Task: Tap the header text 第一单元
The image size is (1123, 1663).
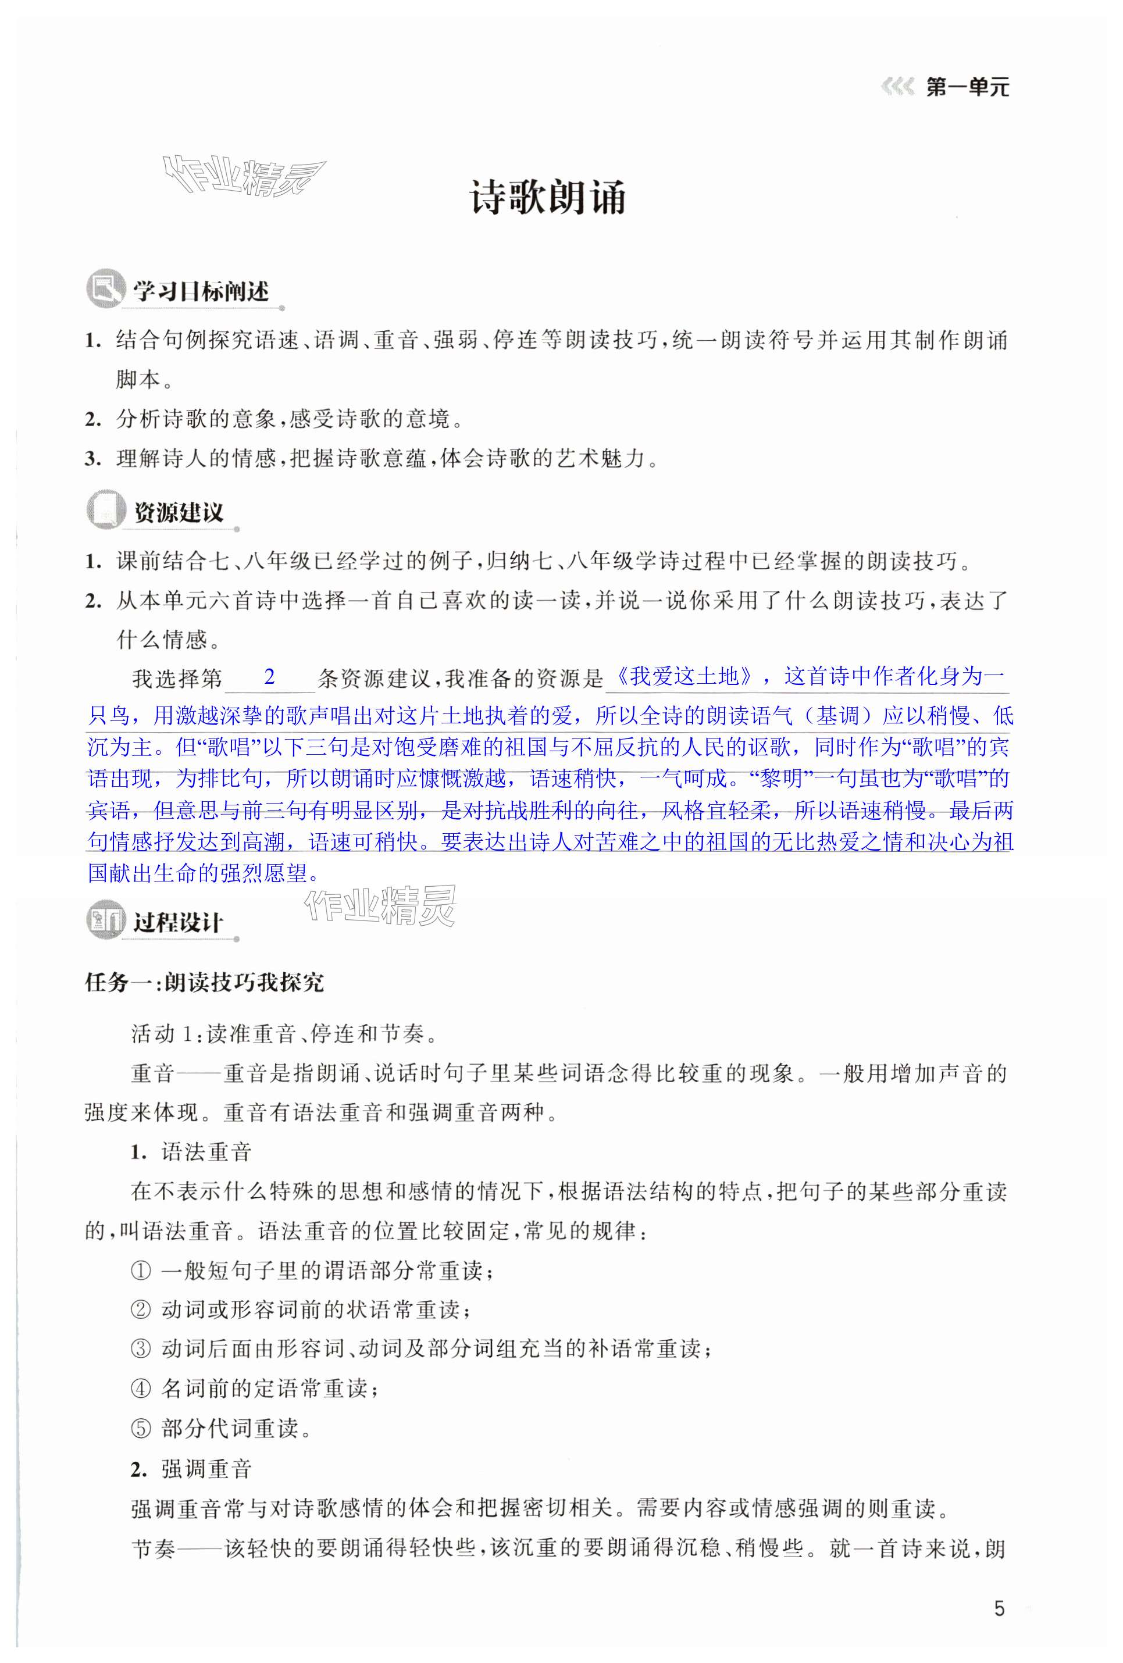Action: [x=967, y=88]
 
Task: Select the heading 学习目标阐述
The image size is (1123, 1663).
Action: [x=201, y=291]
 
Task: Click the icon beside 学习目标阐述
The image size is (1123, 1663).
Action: [x=105, y=289]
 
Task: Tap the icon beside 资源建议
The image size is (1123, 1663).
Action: [x=105, y=510]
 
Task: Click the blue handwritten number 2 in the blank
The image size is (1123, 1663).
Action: [x=269, y=677]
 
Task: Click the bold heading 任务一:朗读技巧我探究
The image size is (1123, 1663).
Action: [x=204, y=983]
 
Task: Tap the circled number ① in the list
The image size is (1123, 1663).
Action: [x=140, y=1272]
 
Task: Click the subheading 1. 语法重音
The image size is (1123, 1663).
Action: [x=191, y=1152]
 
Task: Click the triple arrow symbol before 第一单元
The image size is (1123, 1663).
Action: [x=897, y=88]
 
